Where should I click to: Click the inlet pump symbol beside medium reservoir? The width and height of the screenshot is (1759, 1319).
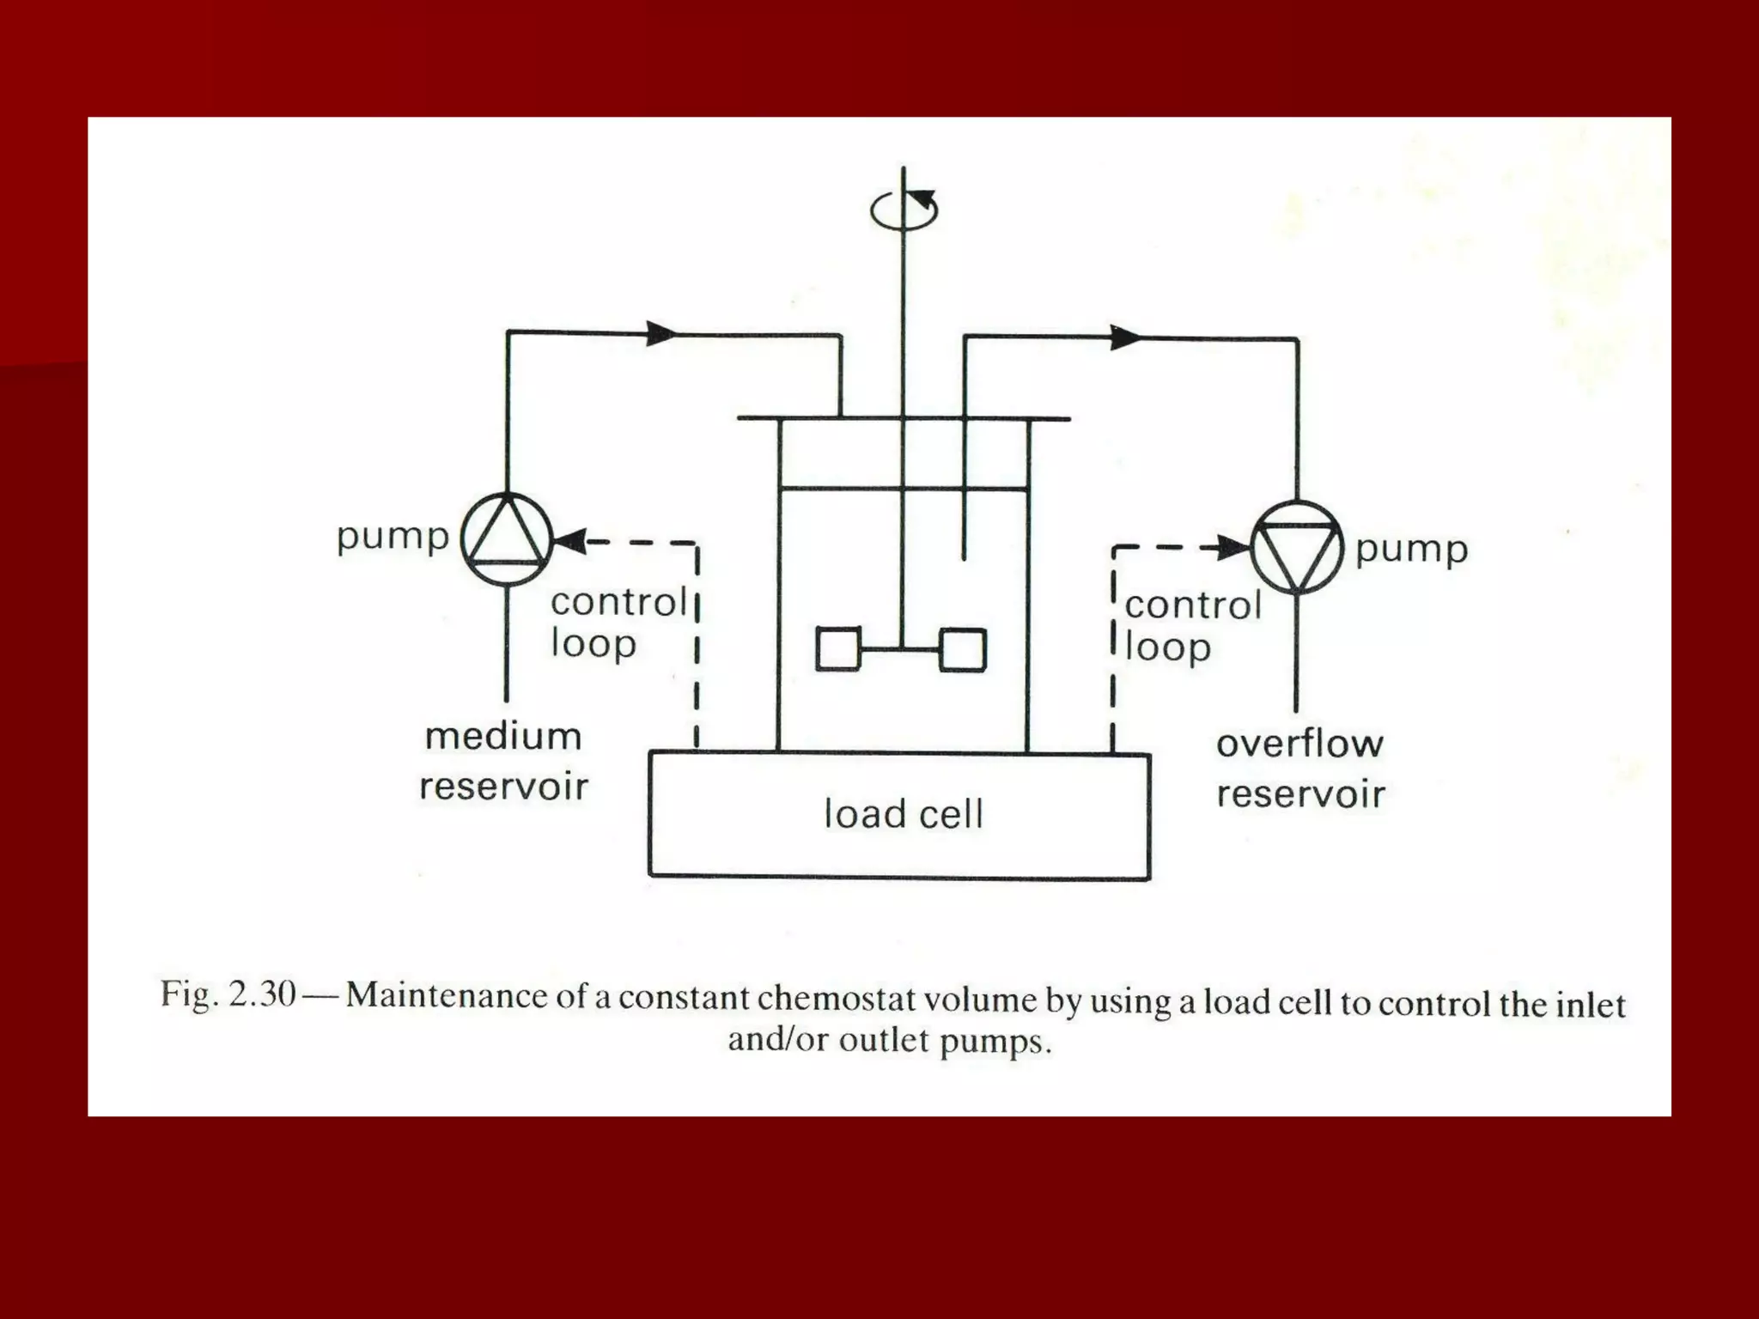coord(507,538)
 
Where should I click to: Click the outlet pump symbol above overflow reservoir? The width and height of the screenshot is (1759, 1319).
coord(1296,548)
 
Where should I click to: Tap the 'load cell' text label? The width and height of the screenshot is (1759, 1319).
coord(903,814)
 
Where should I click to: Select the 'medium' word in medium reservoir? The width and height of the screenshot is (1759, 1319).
coord(503,737)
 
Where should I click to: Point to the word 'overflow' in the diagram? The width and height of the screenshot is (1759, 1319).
coord(1299,744)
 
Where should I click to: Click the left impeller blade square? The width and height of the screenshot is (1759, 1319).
coord(837,649)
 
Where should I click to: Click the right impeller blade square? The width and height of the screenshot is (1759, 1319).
coord(963,649)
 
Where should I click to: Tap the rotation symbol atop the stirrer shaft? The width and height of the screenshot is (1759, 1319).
coord(904,209)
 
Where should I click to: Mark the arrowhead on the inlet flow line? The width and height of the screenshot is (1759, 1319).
coord(661,333)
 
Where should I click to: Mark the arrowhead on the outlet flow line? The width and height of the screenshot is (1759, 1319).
coord(1125,337)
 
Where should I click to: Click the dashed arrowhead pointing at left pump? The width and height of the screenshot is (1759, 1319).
coord(570,542)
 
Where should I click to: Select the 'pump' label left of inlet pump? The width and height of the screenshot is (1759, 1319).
coord(393,537)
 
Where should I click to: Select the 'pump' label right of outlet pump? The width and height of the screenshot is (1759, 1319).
coord(1411,550)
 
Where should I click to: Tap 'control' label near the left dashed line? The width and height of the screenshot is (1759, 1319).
coord(618,602)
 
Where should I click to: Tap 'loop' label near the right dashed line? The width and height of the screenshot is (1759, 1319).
coord(1167,648)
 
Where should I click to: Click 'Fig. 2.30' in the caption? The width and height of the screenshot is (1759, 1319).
coord(228,994)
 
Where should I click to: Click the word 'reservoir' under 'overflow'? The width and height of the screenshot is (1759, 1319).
coord(1300,794)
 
